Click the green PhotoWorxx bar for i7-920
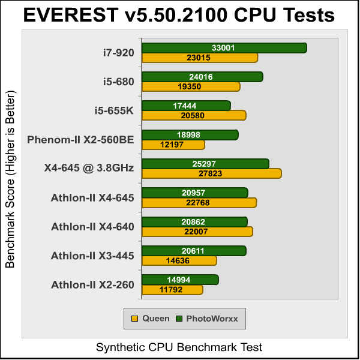click(x=224, y=48)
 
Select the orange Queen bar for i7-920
click(x=199, y=58)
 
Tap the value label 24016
click(x=202, y=77)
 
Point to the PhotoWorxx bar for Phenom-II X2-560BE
click(x=190, y=135)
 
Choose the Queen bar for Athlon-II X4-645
click(x=199, y=202)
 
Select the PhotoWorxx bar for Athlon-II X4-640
click(x=194, y=222)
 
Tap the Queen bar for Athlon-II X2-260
click(x=172, y=290)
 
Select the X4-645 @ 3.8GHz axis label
click(x=89, y=169)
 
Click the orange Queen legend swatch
click(x=135, y=319)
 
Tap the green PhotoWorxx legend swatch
click(x=179, y=319)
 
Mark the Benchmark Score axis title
click(x=10, y=180)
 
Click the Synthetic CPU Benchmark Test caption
click(x=179, y=347)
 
